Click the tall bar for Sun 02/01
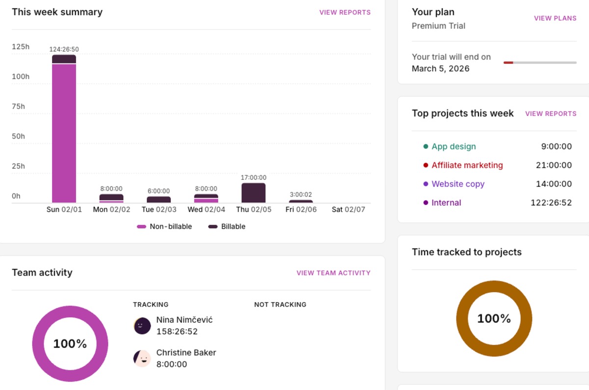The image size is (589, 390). (64, 130)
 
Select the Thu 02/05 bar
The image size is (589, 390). (253, 193)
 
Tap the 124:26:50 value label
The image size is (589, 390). (64, 49)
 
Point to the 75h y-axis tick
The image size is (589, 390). (18, 107)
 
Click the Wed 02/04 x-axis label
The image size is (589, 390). (206, 210)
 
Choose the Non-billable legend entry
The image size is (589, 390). (164, 226)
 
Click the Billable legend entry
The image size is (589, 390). (227, 226)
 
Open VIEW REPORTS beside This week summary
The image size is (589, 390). (345, 12)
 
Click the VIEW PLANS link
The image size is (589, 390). (555, 18)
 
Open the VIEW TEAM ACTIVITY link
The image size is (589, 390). (333, 273)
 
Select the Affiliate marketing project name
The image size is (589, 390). (467, 166)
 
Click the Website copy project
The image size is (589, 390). (457, 184)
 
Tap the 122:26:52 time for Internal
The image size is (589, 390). (551, 203)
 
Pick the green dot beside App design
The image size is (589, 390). (426, 146)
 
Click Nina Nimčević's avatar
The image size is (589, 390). (142, 326)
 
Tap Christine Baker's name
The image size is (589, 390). (186, 353)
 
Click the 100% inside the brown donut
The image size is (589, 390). (494, 319)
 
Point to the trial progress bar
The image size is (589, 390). (540, 62)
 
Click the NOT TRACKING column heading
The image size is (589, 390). (280, 305)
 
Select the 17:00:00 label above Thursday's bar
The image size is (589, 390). (253, 178)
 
